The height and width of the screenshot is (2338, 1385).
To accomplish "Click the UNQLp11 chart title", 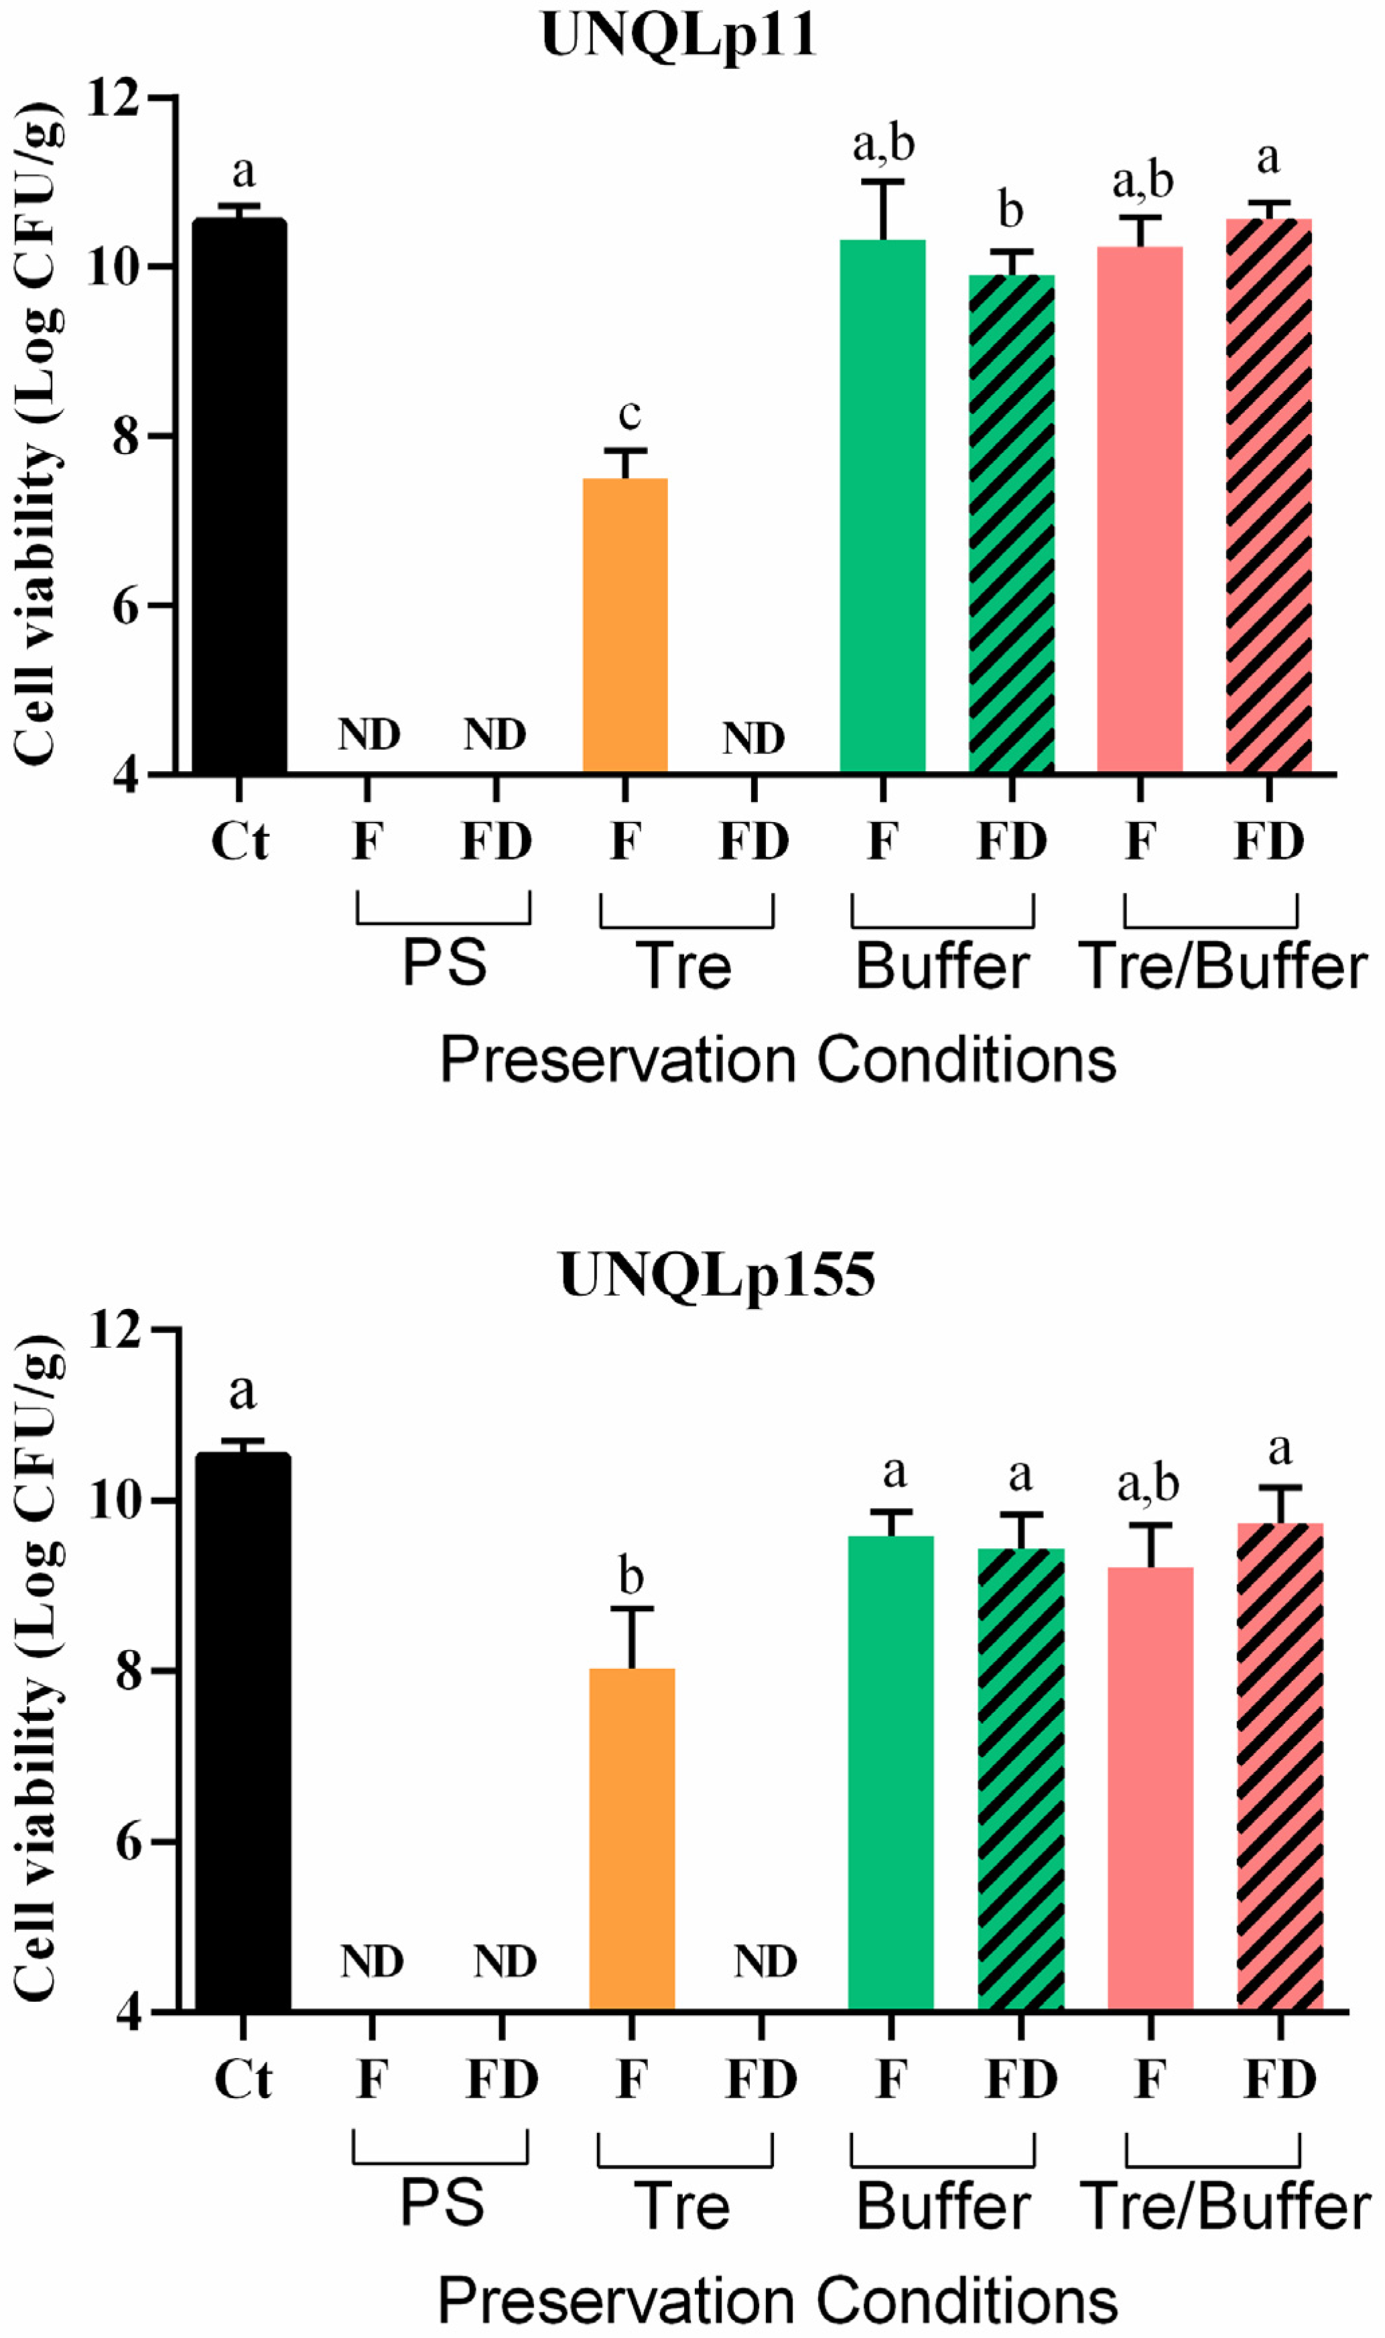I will click(x=679, y=38).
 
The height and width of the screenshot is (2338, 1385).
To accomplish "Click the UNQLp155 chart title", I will click(x=717, y=1274).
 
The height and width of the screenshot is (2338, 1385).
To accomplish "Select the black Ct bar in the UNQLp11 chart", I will click(x=239, y=494).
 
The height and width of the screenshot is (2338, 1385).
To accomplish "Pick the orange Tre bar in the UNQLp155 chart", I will click(x=632, y=1838).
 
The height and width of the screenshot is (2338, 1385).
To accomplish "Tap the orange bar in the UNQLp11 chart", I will click(x=625, y=625).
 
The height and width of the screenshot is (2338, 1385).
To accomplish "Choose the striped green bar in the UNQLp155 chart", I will click(x=1021, y=1778).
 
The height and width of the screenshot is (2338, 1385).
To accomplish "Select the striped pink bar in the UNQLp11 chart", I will click(x=1268, y=494).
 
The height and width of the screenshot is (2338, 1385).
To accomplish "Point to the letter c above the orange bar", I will click(x=630, y=414).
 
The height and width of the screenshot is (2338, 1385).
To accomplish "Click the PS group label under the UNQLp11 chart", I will click(x=444, y=963).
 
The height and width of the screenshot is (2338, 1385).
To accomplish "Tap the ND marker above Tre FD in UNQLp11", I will click(x=754, y=739).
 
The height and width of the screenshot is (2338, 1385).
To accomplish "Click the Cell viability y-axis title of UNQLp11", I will click(x=39, y=434).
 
